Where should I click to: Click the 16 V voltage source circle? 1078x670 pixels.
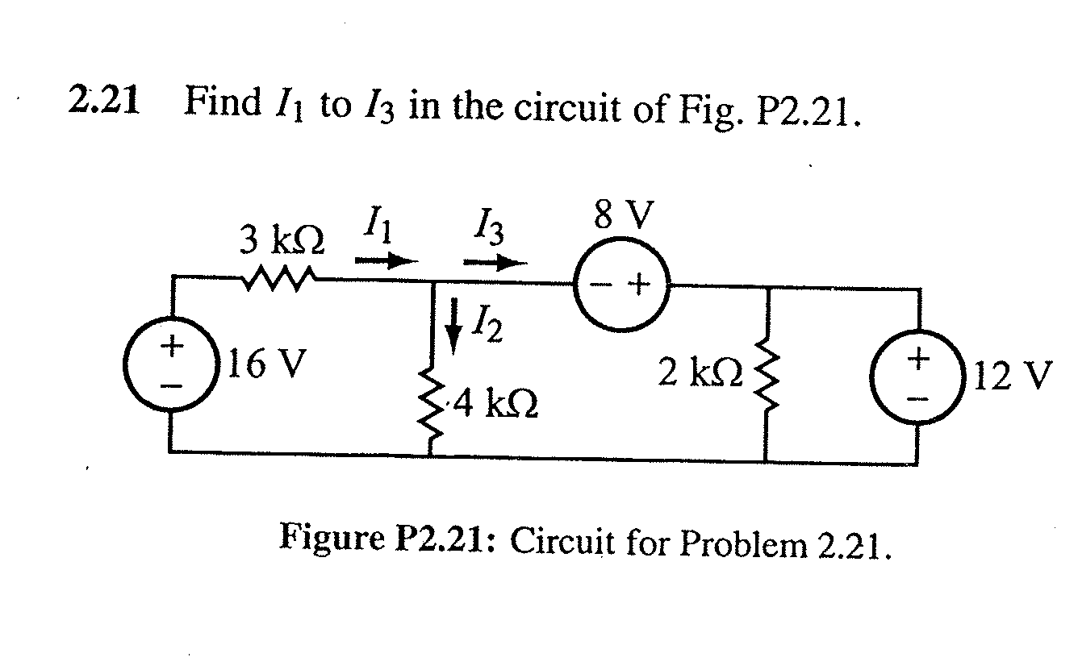point(169,367)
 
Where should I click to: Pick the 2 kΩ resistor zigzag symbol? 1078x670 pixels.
point(764,372)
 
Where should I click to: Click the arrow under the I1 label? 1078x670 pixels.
point(386,260)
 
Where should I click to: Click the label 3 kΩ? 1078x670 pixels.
point(282,240)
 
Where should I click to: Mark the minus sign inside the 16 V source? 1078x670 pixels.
point(169,386)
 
